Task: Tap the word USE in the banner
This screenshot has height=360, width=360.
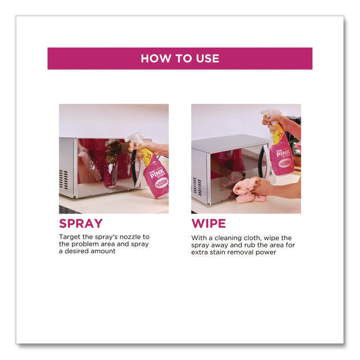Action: (x=207, y=59)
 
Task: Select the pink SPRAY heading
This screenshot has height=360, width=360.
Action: (x=81, y=223)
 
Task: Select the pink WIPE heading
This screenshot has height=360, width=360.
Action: (x=208, y=223)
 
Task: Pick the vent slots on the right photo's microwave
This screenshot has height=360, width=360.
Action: (x=197, y=186)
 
